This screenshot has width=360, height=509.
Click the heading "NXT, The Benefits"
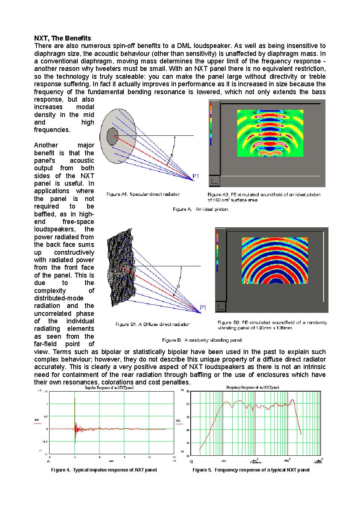62,38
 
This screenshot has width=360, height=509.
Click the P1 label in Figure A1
196,176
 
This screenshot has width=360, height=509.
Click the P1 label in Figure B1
203,308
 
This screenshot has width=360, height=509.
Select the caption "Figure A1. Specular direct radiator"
143,194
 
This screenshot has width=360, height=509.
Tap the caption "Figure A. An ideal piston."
201,209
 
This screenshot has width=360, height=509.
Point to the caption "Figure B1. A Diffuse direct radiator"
152,324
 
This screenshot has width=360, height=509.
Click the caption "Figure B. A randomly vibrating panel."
202,340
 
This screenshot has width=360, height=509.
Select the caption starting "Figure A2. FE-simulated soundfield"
264,197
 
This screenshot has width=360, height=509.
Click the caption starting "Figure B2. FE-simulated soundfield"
272,325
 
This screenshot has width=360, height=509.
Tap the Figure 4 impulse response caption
104,470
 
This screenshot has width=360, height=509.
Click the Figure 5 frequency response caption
251,470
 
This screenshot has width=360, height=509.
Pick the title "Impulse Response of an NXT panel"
109,388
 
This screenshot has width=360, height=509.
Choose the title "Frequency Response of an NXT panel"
253,387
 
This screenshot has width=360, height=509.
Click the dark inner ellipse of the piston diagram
112,136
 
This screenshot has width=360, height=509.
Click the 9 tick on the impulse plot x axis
124,457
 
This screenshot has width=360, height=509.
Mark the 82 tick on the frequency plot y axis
188,404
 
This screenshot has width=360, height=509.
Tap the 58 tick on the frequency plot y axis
188,443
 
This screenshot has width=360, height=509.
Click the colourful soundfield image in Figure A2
270,133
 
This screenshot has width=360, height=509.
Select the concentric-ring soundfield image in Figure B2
274,260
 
